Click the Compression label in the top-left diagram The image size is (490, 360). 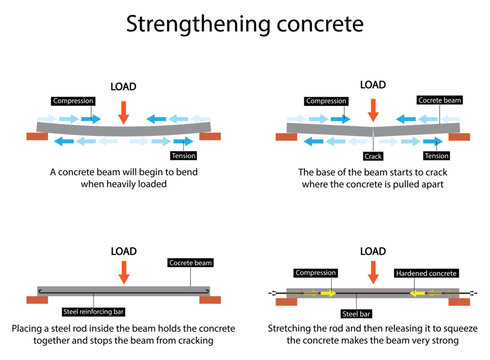pyautogui.click(x=75, y=101)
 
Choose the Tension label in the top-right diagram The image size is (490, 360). pyautogui.click(x=436, y=156)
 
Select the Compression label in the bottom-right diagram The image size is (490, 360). pyautogui.click(x=318, y=272)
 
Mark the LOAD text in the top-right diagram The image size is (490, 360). pyautogui.click(x=373, y=85)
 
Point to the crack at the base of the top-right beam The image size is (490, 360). pyautogui.click(x=373, y=131)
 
